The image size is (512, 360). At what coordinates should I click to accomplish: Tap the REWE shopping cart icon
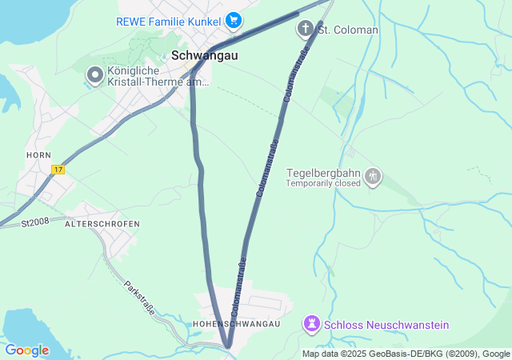coord(234,19)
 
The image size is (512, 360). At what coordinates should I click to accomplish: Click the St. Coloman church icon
coord(305,30)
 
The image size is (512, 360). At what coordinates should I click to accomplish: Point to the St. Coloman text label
coord(348,30)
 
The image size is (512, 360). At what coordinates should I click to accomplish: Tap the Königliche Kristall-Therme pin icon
coord(95,75)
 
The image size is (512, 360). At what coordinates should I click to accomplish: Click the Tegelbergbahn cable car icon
coord(372,176)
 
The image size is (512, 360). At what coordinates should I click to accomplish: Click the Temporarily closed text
coord(323,182)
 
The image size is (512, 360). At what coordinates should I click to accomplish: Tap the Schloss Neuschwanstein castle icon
coord(310,325)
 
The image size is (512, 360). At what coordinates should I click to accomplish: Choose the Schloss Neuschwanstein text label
coord(386,325)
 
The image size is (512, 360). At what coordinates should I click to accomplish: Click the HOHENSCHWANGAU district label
coord(237,323)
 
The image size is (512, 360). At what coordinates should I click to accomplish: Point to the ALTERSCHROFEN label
coord(102,224)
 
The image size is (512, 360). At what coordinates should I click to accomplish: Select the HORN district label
coord(38,154)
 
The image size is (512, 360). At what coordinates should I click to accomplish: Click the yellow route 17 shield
coord(58,170)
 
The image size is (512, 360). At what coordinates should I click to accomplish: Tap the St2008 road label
coord(35,222)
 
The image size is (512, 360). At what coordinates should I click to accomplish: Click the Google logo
coord(26,350)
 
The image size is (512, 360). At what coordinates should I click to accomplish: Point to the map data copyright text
coord(406,354)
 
